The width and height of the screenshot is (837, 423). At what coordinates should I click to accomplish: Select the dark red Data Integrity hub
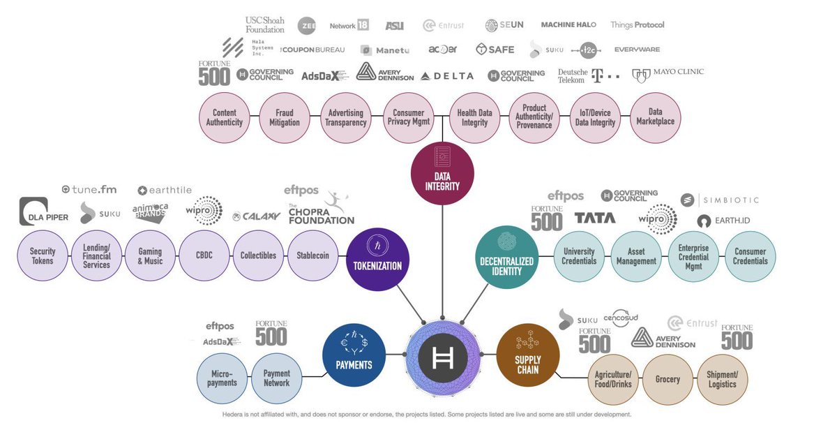[442, 173]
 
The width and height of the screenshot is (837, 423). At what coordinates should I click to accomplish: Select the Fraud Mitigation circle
[285, 117]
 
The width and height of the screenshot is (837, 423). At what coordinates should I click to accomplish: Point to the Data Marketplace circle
[656, 117]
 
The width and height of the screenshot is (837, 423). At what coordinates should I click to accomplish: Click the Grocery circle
[667, 379]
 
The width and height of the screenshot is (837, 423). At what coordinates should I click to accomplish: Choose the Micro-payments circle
[222, 378]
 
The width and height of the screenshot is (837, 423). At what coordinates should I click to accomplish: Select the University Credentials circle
[579, 256]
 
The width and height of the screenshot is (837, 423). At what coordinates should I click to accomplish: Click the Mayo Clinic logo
[667, 73]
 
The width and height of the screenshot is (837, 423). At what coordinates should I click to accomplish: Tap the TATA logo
[594, 218]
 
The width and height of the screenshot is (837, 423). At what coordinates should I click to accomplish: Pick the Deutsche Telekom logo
[588, 75]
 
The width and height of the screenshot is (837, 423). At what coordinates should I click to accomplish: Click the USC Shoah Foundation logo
[265, 25]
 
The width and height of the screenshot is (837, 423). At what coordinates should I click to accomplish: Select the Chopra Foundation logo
[321, 209]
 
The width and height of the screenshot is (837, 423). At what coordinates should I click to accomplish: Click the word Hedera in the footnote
[235, 415]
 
